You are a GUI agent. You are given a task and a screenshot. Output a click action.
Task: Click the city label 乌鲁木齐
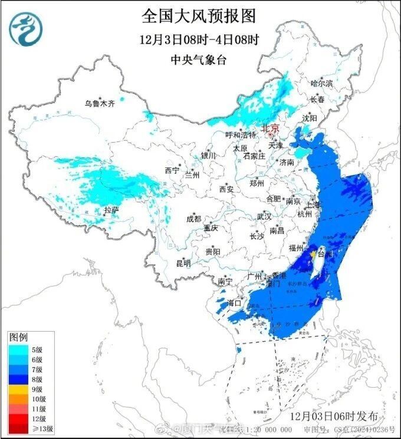tap(98, 103)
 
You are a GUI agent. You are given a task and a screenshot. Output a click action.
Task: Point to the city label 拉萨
tap(111, 210)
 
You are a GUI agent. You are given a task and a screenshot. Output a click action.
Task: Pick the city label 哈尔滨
tap(321, 83)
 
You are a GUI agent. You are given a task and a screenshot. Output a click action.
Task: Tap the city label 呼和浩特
tap(241, 135)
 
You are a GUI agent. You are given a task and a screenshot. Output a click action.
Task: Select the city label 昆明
tap(183, 263)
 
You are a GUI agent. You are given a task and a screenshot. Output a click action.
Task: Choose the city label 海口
tap(235, 302)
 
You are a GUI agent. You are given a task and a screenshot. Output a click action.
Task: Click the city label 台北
tap(325, 254)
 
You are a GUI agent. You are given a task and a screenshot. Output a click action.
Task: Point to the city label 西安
tap(226, 189)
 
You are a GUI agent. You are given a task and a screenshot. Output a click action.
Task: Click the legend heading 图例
tap(18, 338)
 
